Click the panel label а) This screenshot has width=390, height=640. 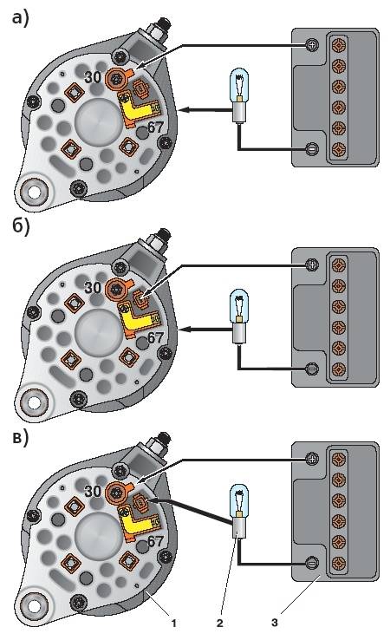pyautogui.click(x=21, y=18)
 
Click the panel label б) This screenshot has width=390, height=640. pyautogui.click(x=21, y=226)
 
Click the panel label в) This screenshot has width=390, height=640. pyautogui.click(x=21, y=438)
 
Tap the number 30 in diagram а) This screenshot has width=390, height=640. pyautogui.click(x=93, y=76)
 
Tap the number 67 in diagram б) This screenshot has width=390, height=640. pyautogui.click(x=155, y=338)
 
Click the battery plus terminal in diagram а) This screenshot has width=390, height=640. pyautogui.click(x=311, y=44)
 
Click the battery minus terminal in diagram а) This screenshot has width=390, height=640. pyautogui.click(x=312, y=147)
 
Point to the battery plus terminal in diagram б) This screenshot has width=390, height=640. pyautogui.click(x=312, y=264)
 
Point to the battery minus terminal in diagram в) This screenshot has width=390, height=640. pyautogui.click(x=312, y=564)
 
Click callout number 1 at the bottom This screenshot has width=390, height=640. pyautogui.click(x=174, y=623)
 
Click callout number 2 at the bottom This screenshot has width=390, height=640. pyautogui.click(x=220, y=623)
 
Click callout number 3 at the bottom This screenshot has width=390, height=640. pyautogui.click(x=275, y=623)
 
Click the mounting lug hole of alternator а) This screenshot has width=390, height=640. pyautogui.click(x=35, y=191)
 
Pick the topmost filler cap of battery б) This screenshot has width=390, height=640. pyautogui.click(x=339, y=264)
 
